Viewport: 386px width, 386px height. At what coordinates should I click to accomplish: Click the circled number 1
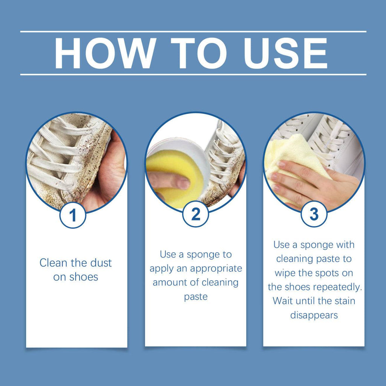coord(73,216)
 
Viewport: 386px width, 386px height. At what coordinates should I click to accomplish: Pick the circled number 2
coord(196,214)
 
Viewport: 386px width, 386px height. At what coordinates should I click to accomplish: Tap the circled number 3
coord(314,214)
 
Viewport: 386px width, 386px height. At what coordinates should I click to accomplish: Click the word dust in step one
coord(101,263)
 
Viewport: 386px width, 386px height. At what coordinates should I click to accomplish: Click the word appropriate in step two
coord(216,268)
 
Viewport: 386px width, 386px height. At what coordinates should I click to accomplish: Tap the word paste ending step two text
coord(196,297)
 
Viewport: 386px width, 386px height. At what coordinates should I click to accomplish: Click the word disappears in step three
coord(314,315)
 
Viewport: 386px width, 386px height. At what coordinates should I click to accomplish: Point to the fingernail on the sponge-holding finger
coord(184,184)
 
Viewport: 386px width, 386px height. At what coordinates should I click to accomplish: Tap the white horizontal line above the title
coord(193,32)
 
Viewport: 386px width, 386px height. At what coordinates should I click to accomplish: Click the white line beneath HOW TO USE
coord(193,74)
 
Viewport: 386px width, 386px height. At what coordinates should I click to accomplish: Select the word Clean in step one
coord(52,263)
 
